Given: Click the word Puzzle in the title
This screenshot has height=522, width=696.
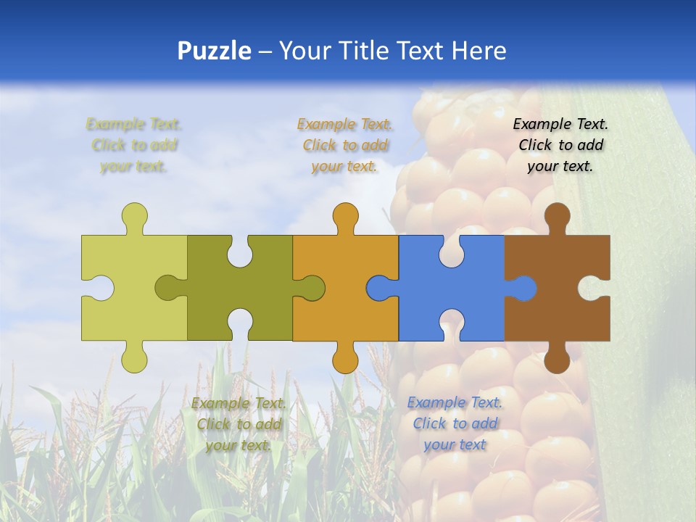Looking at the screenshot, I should tap(215, 51).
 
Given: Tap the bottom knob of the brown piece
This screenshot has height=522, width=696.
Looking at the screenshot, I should tap(557, 359).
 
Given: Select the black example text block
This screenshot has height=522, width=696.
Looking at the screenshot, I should tap(560, 145).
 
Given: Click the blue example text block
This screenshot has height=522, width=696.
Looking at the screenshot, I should tap(455, 423).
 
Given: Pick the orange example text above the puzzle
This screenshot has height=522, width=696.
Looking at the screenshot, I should tap(345, 145).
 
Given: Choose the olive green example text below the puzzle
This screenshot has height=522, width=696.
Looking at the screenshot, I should tap(239, 424).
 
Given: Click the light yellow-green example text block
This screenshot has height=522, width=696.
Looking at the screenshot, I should tap(134, 145).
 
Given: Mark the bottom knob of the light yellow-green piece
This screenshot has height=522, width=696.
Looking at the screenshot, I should tap(134, 358).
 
